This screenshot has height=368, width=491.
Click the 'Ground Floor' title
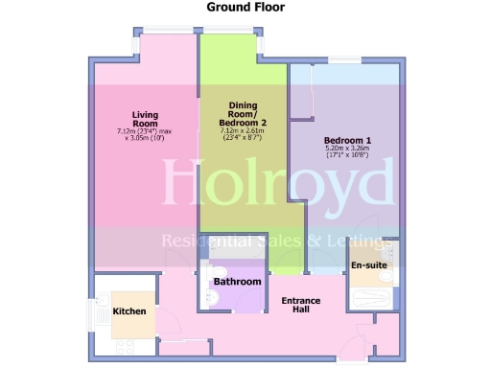click(245, 8)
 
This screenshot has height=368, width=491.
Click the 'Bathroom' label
click(237, 282)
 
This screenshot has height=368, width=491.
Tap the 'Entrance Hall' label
click(300, 306)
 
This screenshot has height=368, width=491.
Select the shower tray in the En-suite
click(370, 297)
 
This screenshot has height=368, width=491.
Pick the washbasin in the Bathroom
click(214, 273)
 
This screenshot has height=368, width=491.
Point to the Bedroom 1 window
click(341, 60)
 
